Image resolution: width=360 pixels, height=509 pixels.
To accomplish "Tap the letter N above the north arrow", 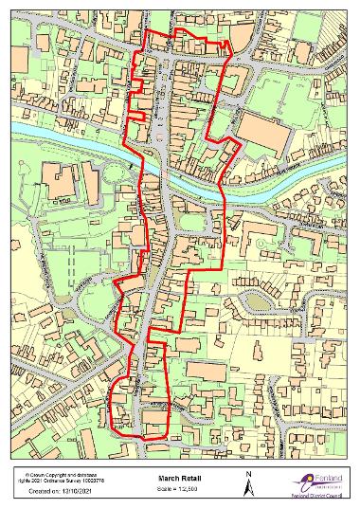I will tap(248, 473).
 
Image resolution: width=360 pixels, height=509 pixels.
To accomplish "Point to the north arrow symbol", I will tap(248, 486).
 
